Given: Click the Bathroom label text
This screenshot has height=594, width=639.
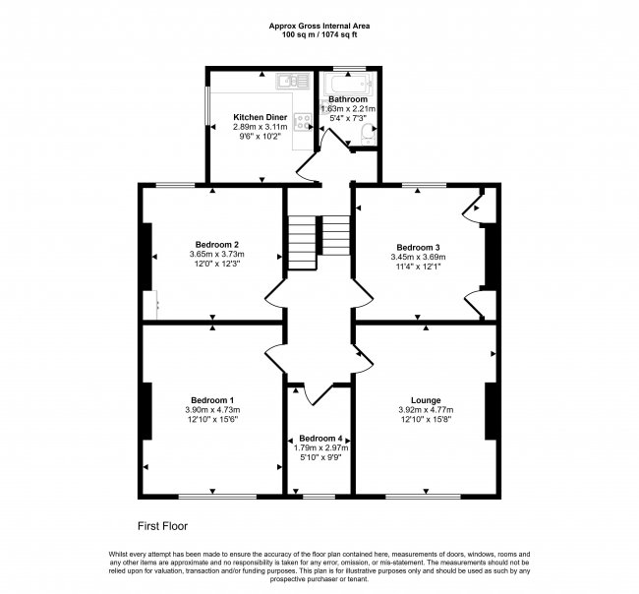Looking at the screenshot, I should tap(348, 99).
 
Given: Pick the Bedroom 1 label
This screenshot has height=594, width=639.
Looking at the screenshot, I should tap(212, 399).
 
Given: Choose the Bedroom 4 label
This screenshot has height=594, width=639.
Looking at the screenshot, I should tap(320, 438).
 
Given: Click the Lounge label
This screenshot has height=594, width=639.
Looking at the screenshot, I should tap(426, 400).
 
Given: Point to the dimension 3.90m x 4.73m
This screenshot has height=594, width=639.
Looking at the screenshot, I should tap(212, 409).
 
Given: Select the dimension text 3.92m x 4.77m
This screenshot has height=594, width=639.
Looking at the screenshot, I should tap(426, 410).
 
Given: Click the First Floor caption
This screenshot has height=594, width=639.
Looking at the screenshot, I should tap(162, 526).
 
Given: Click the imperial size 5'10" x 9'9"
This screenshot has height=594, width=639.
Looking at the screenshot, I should tap(320, 457).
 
